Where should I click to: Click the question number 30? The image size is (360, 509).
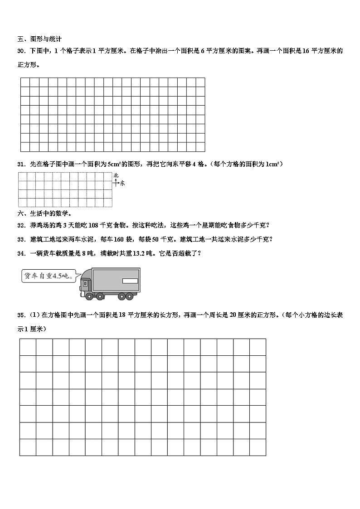point(21,51)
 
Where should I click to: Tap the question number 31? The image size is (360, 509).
point(21,164)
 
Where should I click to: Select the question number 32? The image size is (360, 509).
point(21,225)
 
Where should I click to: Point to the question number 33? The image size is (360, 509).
point(21,239)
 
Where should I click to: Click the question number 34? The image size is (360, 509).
point(21,253)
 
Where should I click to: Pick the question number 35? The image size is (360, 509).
point(21,315)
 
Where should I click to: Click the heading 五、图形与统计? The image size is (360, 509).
point(39,39)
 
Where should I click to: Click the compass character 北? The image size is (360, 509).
point(116,175)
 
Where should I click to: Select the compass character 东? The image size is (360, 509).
point(122,183)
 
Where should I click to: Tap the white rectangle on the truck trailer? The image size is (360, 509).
point(130,281)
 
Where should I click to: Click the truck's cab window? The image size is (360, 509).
point(85,284)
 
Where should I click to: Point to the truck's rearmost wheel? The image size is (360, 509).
point(130,296)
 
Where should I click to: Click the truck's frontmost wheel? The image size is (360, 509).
point(88,296)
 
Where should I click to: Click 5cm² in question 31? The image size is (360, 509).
point(113,164)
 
